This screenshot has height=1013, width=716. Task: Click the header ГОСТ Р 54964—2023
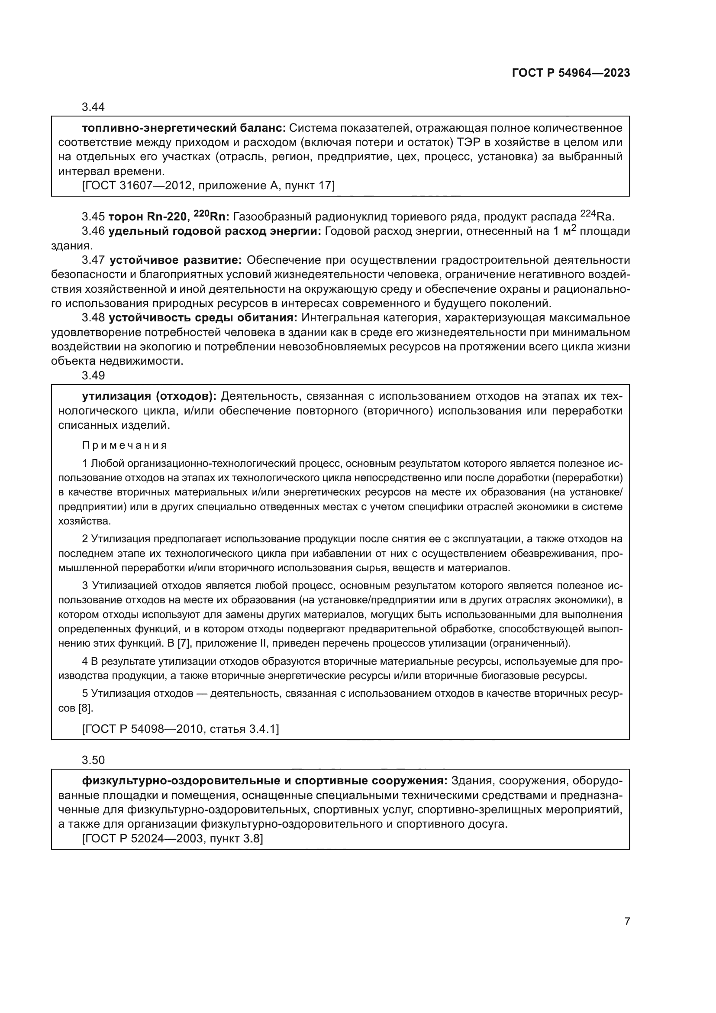(571, 73)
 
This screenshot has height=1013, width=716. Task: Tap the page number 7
(627, 922)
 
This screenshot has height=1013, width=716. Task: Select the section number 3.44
(93, 107)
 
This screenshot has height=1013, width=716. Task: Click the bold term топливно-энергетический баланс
(184, 128)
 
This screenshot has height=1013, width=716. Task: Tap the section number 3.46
(93, 231)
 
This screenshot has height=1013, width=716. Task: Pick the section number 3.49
(93, 375)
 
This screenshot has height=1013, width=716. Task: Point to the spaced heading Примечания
(125, 445)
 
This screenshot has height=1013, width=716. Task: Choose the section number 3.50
(93, 760)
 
